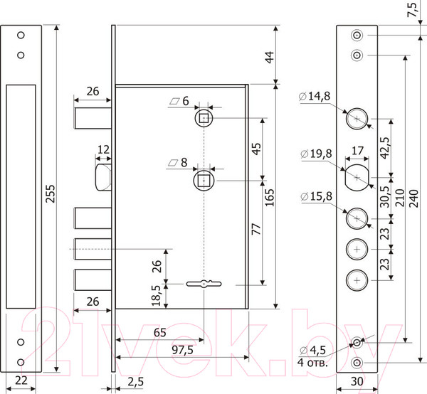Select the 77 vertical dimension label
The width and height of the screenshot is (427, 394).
tap(256, 230)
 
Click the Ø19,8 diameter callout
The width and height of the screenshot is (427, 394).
tap(317, 154)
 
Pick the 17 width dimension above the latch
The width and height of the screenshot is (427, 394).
tap(357, 151)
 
